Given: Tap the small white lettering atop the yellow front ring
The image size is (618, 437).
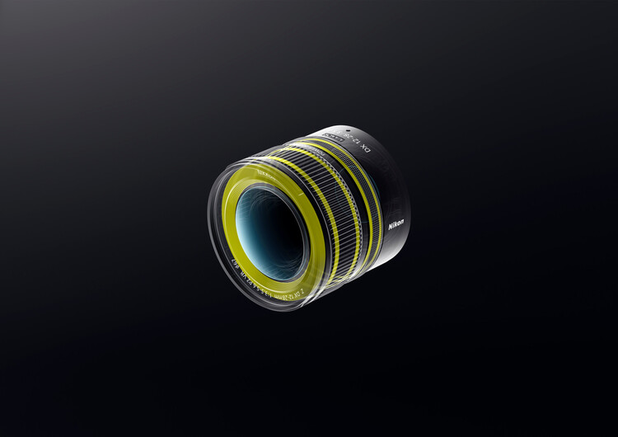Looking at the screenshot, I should click(265, 175).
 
